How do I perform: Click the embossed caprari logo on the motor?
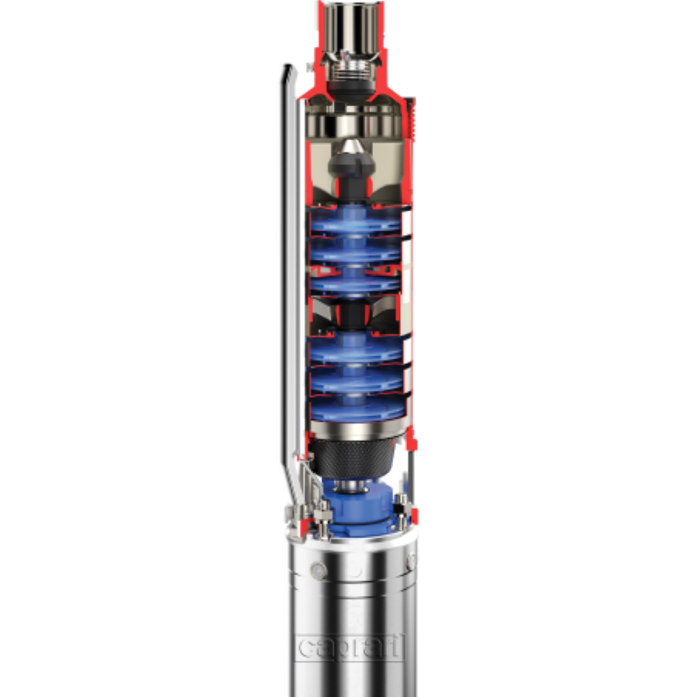(351, 647)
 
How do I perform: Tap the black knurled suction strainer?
(353, 457)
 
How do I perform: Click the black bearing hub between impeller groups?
(354, 314)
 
